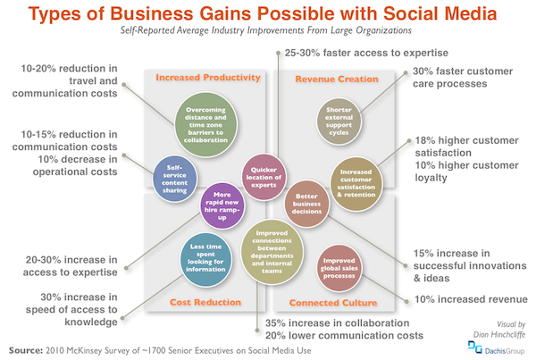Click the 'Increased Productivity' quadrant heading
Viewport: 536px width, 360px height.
[x=207, y=78]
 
